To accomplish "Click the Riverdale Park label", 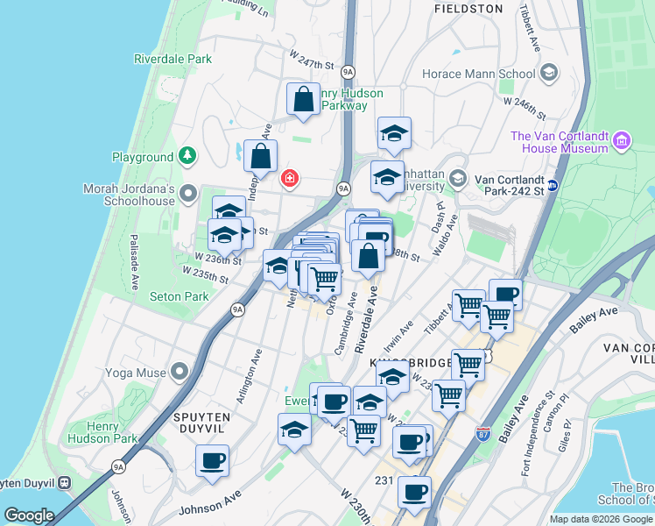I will tap(173, 59).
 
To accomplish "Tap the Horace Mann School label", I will tap(479, 74).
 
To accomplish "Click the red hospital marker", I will tap(288, 179).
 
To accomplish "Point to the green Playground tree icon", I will tap(187, 156).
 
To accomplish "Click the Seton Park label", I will tap(180, 296).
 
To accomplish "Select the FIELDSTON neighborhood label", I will tap(469, 9).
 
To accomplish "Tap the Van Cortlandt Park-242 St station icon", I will tap(553, 186).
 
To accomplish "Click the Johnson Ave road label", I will tap(209, 502).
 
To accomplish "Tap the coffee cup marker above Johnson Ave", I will tap(212, 459).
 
